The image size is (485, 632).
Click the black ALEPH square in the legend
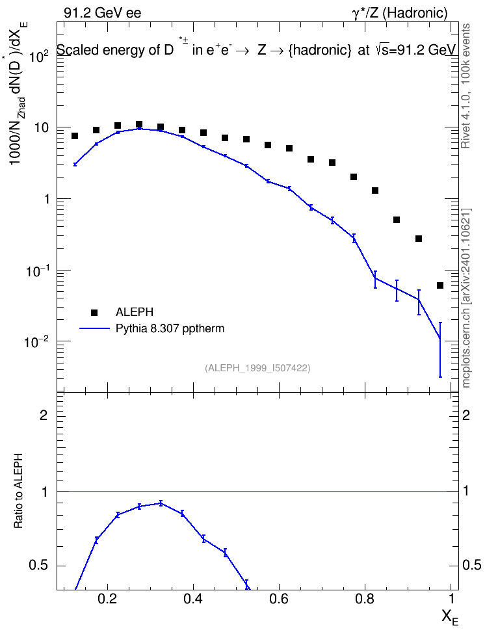94,312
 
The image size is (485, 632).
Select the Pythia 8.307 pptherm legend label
170,328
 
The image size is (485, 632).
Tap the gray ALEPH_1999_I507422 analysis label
257,368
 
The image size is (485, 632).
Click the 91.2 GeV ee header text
103,13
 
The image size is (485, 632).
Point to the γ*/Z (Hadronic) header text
400,13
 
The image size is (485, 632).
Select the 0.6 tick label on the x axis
279,599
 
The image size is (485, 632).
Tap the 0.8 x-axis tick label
365,599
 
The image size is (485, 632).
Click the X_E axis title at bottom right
450,617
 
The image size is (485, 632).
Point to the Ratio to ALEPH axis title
18,491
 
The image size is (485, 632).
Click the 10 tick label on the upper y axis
42,128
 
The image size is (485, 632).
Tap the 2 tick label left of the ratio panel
44,415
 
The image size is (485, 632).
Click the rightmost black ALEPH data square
440,286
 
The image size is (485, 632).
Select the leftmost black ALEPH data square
75,137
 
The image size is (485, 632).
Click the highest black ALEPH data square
139,124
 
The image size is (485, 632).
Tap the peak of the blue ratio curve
161,503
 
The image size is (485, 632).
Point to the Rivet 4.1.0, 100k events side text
465,86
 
